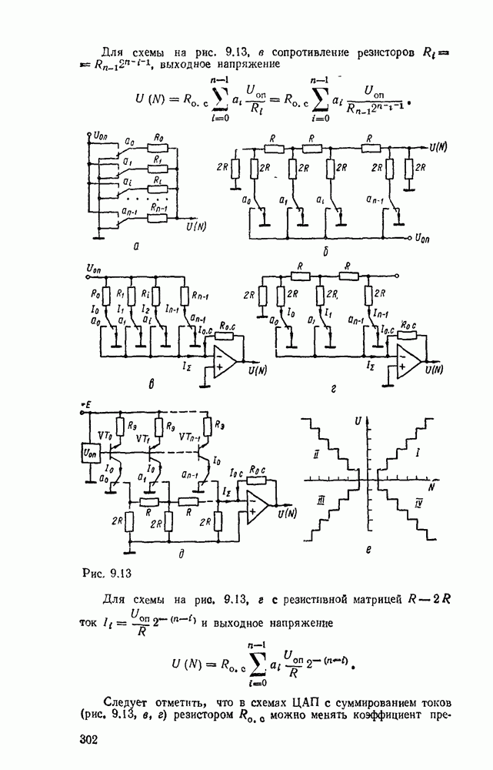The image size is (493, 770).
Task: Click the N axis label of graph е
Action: [x=431, y=487]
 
